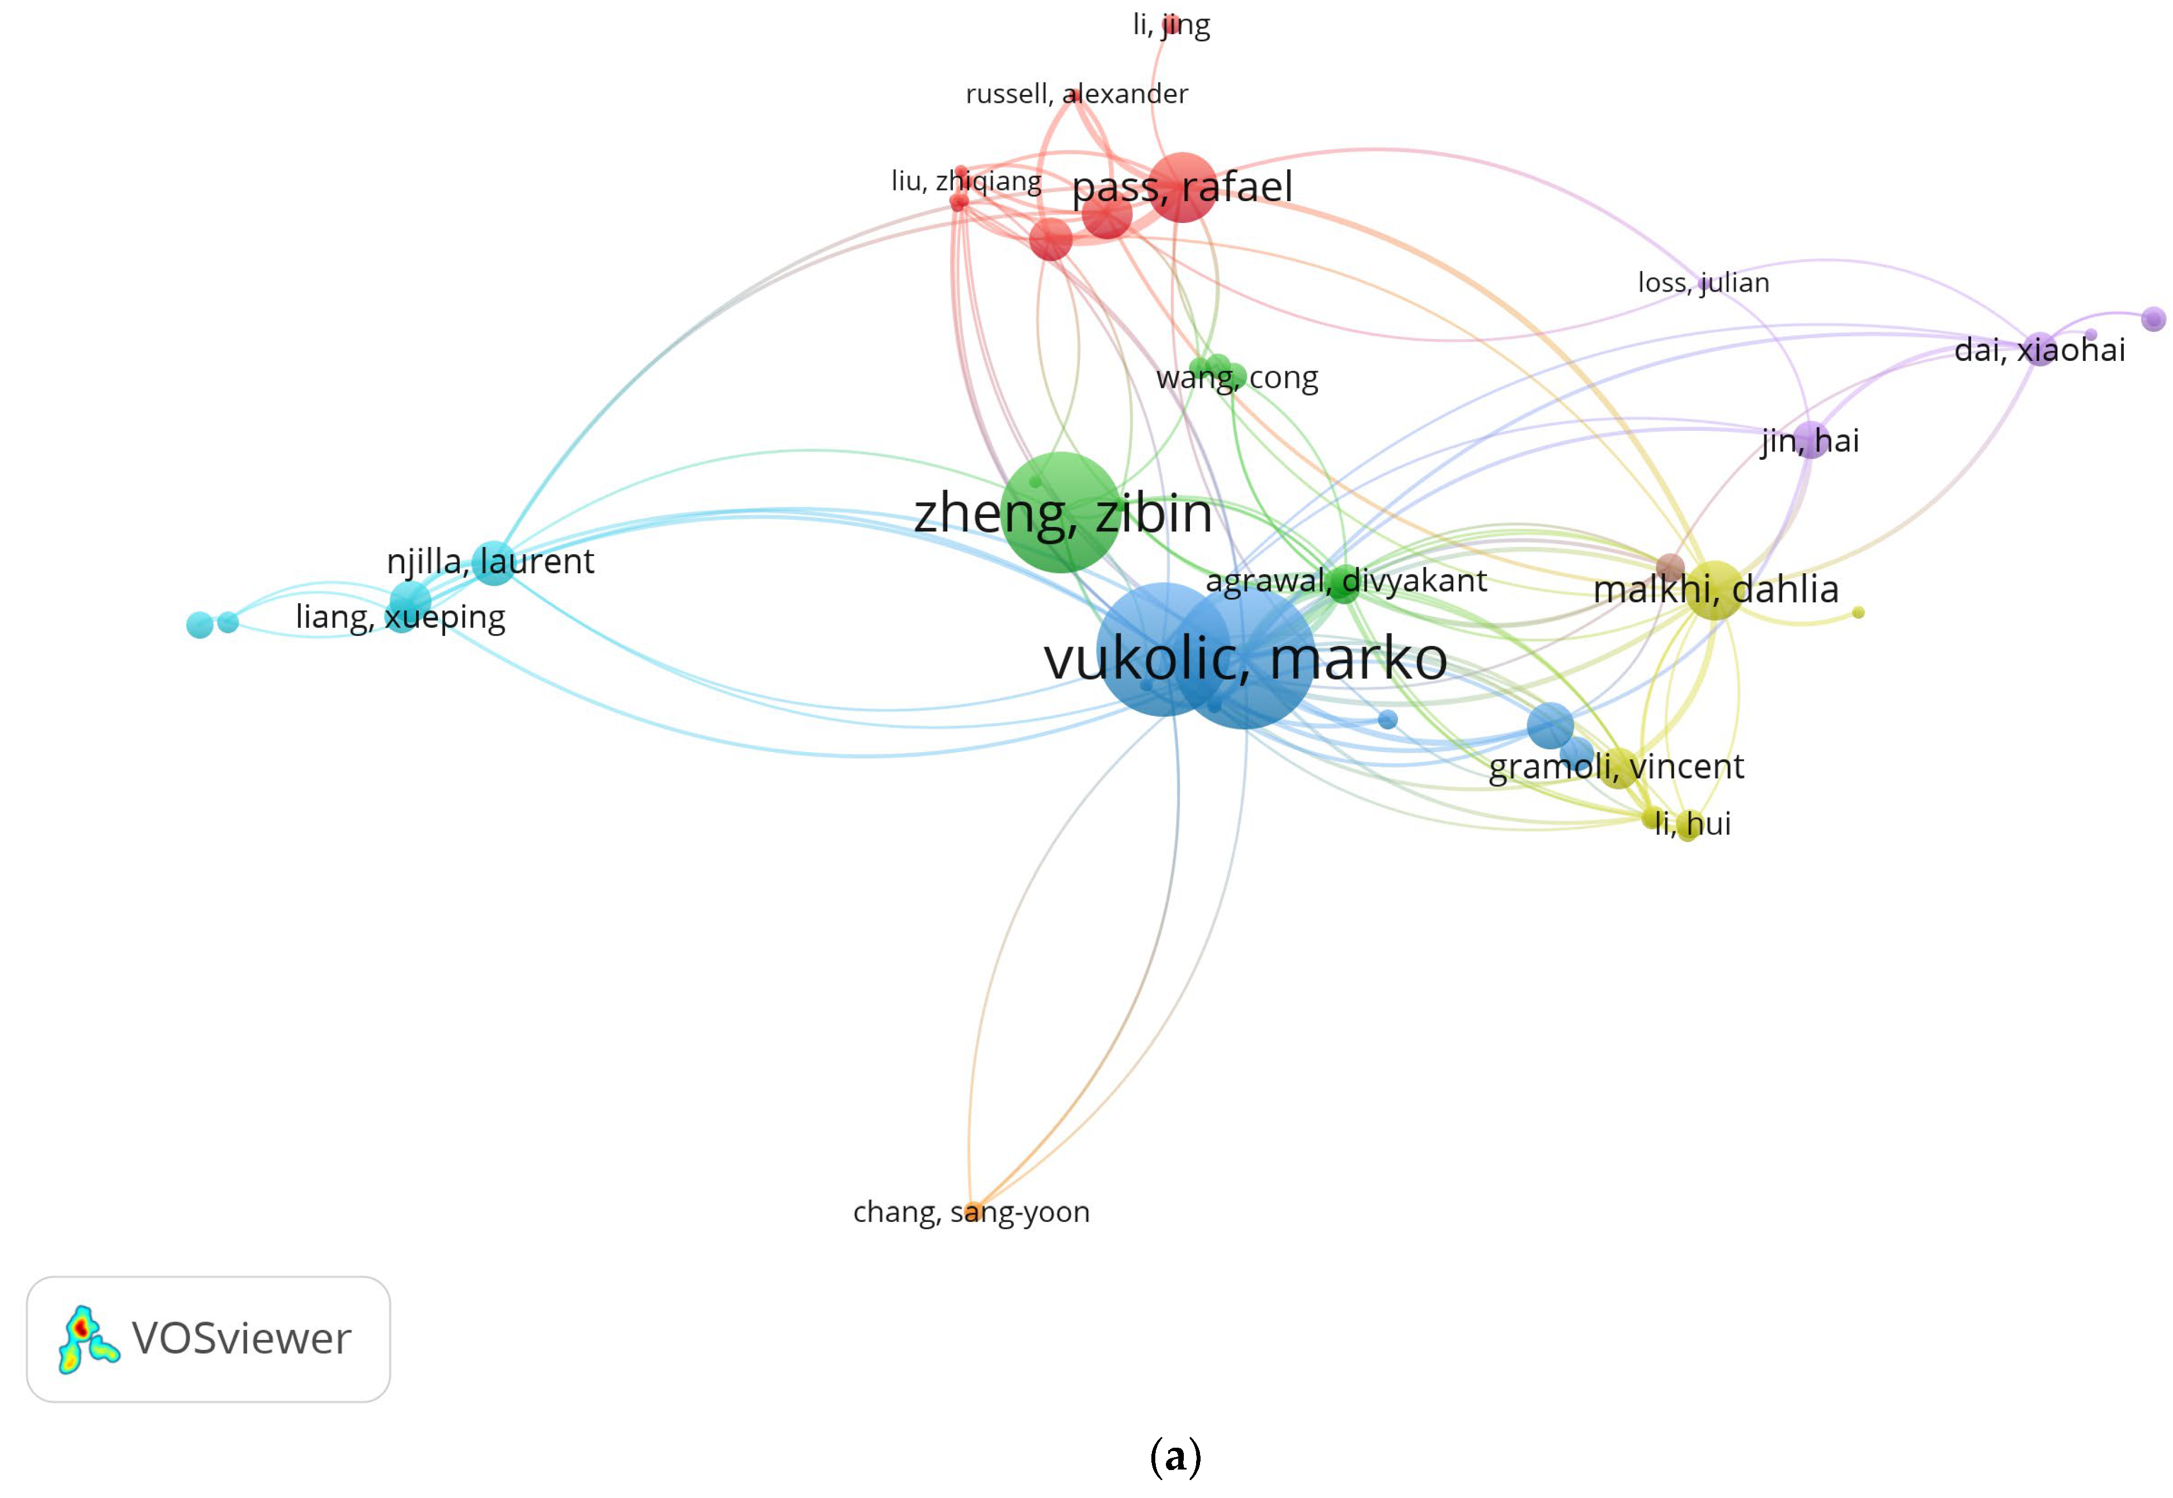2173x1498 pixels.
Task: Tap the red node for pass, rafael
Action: click(1182, 187)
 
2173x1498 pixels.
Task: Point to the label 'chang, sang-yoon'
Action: click(971, 1212)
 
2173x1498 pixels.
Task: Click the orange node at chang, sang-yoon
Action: click(974, 1211)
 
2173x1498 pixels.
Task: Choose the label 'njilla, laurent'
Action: click(490, 562)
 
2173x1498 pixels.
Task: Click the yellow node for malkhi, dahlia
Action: click(1714, 589)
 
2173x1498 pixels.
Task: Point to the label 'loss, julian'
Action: click(1703, 283)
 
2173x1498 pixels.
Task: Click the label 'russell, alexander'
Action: click(1076, 94)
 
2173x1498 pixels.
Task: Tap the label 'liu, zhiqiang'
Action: click(966, 180)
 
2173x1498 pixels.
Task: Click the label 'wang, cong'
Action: click(1237, 377)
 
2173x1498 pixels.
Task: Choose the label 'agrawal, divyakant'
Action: click(1345, 581)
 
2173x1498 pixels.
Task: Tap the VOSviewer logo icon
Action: click(87, 1339)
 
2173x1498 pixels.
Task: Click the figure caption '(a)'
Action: click(1175, 1456)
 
